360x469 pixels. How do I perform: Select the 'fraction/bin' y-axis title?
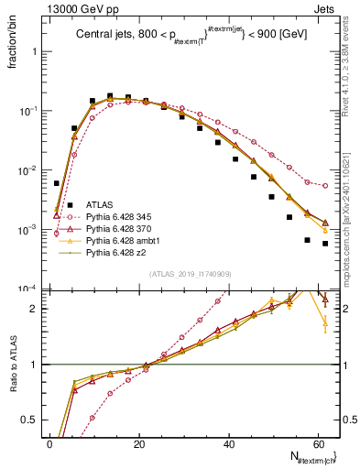pos(13,47)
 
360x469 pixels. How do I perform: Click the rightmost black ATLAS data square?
pos(325,244)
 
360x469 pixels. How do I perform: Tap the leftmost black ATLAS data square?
pos(57,183)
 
